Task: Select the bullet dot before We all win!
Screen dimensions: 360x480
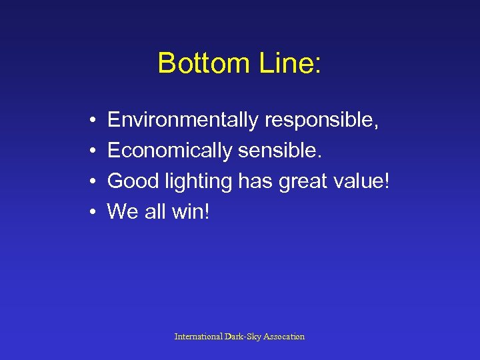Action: (89, 213)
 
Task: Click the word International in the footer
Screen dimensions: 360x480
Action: (199, 337)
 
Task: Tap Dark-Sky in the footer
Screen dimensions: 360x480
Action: (243, 337)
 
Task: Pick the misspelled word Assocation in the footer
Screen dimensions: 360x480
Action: (283, 337)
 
